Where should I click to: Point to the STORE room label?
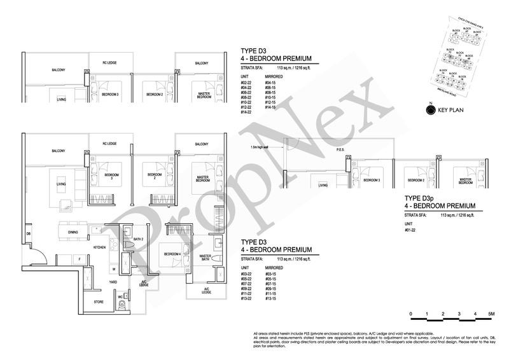(x=99, y=302)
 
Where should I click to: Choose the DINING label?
(x=73, y=232)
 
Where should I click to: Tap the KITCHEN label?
(x=99, y=247)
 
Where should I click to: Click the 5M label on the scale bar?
(x=491, y=315)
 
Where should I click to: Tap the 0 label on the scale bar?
(x=411, y=315)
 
